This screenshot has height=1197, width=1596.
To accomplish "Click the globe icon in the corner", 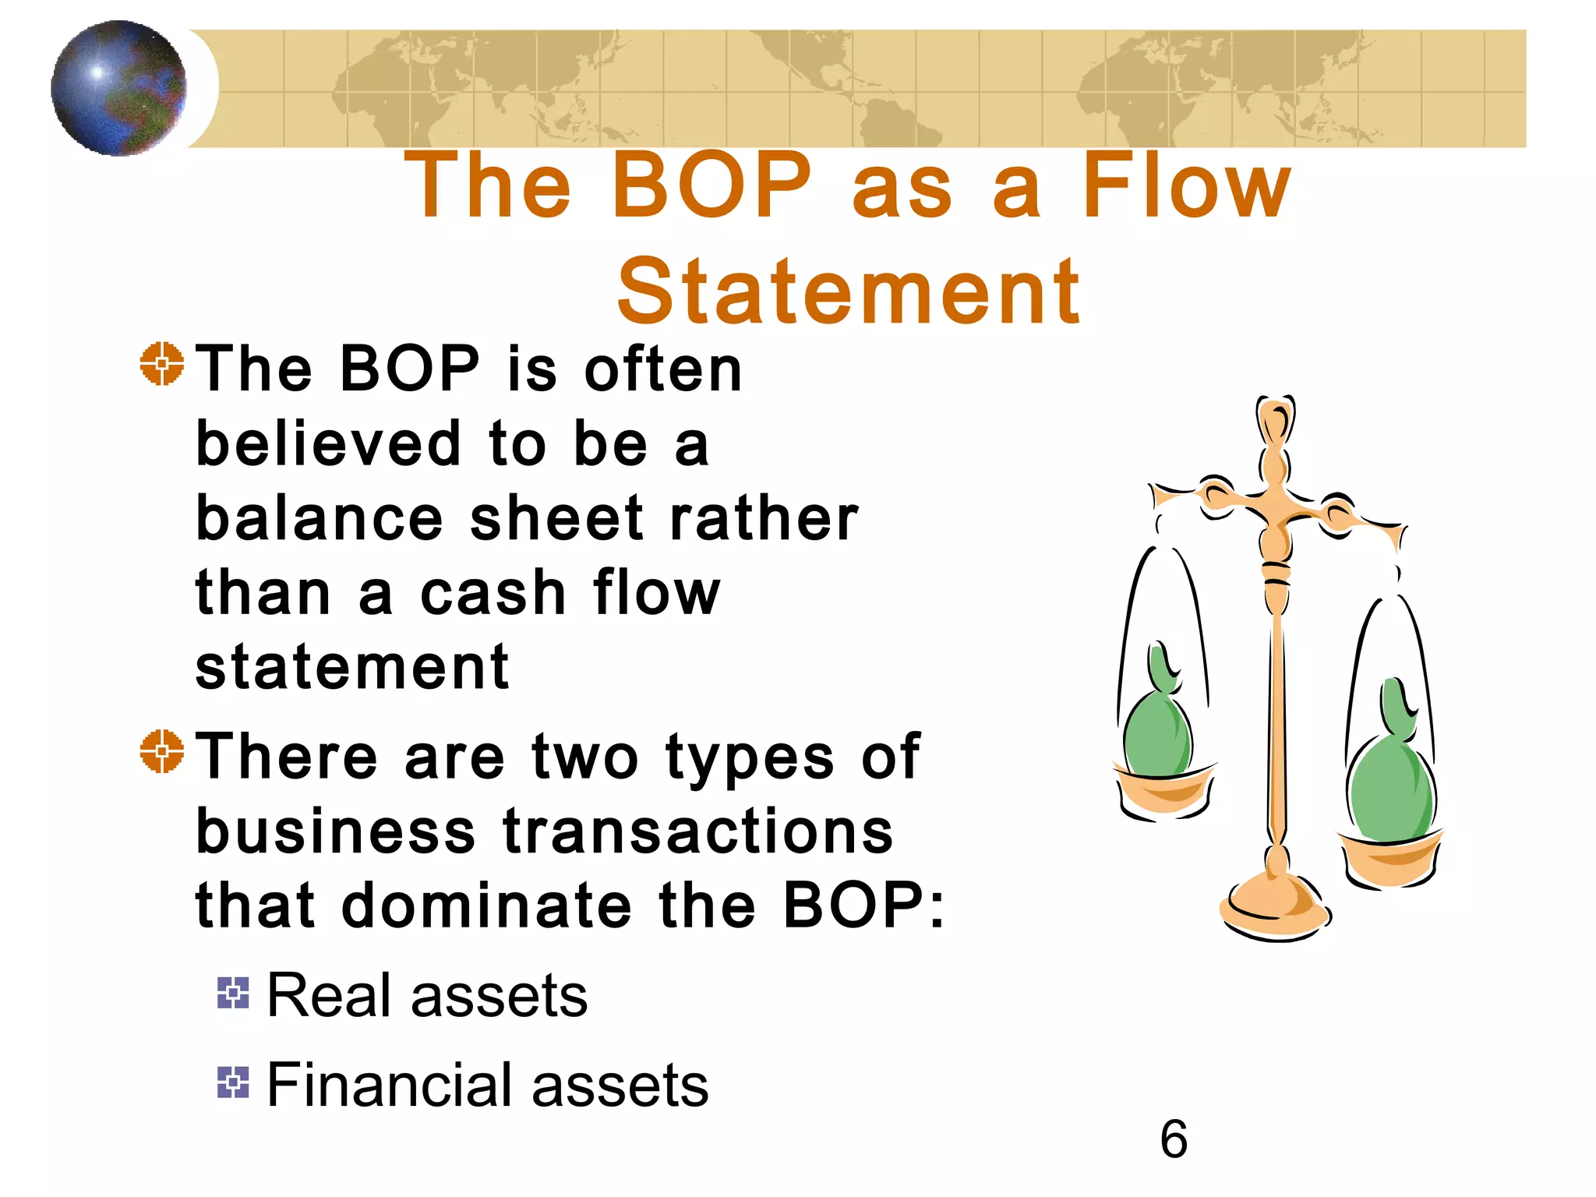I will (x=118, y=88).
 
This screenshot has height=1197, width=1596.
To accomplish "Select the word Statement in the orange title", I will (x=848, y=291).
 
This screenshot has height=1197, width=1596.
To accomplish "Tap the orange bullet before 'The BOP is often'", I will (x=162, y=363).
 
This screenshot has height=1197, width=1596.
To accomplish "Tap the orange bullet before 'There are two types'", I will (x=162, y=751).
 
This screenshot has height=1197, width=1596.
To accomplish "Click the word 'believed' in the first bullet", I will (x=328, y=443).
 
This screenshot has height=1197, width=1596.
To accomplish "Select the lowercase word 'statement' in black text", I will (x=352, y=668).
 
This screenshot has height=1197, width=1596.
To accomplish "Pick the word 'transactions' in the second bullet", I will (x=698, y=831).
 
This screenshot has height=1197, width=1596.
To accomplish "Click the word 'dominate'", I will (x=486, y=906).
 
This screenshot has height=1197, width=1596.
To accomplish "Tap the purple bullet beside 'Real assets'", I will (x=233, y=993).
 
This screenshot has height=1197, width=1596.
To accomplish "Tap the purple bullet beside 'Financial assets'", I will (x=233, y=1082).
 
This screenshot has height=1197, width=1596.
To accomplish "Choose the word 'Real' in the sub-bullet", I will (x=328, y=996).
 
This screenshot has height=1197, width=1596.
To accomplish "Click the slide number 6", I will (x=1174, y=1139).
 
